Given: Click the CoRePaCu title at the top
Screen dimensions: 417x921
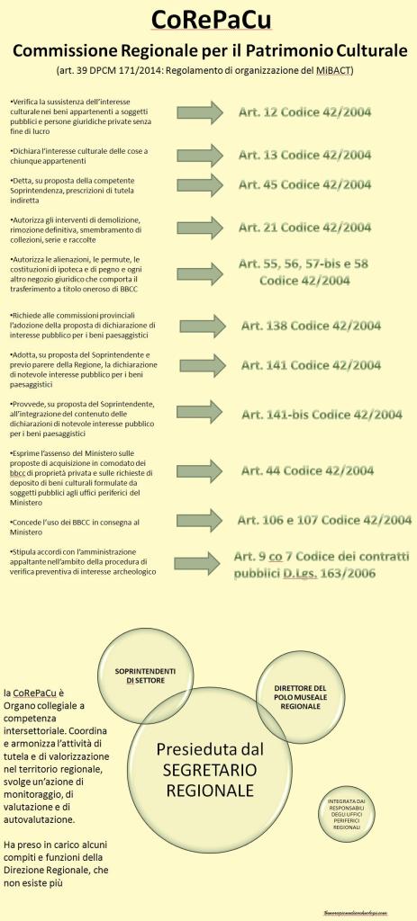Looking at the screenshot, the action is tap(208, 20).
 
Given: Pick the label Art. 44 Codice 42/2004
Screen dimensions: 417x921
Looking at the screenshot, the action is tap(306, 469).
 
